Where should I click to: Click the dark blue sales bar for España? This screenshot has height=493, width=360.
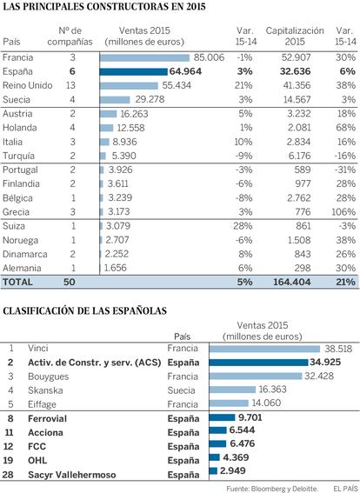[134, 71]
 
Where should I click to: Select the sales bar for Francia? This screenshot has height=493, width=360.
[144, 58]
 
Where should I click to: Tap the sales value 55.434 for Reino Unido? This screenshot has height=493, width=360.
[177, 85]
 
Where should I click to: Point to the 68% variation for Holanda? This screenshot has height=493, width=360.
[346, 128]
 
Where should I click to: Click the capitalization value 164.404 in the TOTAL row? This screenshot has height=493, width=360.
[292, 282]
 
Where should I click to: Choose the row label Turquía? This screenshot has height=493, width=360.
[18, 156]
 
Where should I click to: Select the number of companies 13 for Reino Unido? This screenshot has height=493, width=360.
[70, 85]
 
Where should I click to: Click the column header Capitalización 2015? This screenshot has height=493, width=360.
[295, 37]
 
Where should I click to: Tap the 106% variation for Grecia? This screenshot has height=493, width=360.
[343, 212]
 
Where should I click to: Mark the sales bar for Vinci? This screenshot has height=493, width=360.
[264, 349]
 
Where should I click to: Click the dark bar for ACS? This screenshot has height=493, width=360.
[258, 363]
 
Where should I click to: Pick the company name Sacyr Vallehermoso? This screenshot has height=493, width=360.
[71, 475]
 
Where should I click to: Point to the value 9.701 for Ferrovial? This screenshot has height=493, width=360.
[250, 417]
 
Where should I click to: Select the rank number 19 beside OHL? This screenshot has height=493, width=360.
[8, 461]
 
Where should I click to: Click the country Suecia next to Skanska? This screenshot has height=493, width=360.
[182, 390]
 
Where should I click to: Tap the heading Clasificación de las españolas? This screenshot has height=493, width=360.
[85, 311]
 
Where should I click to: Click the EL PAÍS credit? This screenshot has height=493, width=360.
[345, 489]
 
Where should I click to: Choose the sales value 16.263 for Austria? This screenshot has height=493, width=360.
[134, 114]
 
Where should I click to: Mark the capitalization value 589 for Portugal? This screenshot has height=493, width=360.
[303, 170]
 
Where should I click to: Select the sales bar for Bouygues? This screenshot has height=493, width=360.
[256, 376]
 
